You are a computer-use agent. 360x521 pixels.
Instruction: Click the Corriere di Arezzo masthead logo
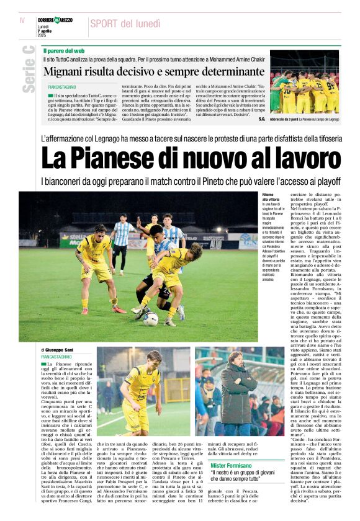click(55, 20)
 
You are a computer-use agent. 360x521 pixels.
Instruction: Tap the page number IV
click(22, 20)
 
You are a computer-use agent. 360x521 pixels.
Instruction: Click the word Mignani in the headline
click(68, 71)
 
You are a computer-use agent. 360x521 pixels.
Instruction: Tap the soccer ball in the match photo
click(150, 319)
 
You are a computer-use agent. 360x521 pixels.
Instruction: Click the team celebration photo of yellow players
click(304, 83)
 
